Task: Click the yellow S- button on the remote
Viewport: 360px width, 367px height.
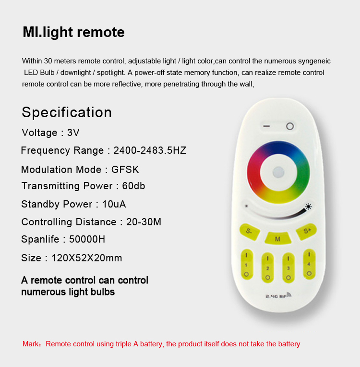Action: pos(249,232)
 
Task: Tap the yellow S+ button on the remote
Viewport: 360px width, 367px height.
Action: pos(306,231)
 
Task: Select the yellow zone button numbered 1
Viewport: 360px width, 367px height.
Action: pos(247,265)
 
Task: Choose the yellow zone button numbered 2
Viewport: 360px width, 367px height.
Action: pos(268,268)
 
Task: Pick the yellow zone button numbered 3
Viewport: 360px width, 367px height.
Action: pos(288,268)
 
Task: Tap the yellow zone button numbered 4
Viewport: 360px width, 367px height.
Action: pos(309,264)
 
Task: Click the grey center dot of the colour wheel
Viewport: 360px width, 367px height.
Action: pos(278,172)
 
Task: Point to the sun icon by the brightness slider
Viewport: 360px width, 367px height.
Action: pos(308,207)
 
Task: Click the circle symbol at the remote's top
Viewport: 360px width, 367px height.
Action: pos(290,126)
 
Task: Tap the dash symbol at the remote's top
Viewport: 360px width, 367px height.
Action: pos(266,126)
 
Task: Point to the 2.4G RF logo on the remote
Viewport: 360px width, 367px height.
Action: pos(278,295)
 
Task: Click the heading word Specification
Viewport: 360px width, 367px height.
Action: pos(67,112)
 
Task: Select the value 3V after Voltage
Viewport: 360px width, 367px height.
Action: pos(73,133)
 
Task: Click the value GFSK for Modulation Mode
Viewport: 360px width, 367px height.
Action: pos(125,170)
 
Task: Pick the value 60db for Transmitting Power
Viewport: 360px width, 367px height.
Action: pos(133,186)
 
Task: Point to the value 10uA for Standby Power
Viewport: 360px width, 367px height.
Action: pos(114,204)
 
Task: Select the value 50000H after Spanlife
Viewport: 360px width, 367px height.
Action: pos(87,239)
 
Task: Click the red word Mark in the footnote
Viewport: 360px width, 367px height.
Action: pos(31,344)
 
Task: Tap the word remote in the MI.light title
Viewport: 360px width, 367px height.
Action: pos(101,32)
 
